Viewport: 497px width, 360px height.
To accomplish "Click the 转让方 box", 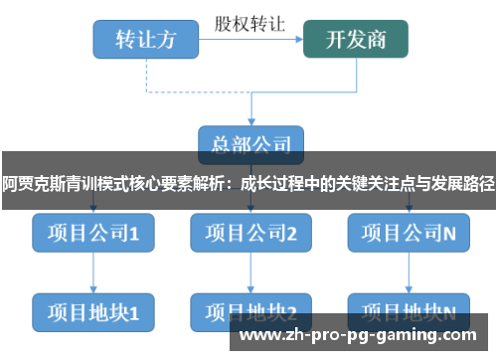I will pos(145,40).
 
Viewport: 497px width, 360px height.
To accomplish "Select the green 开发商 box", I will pos(356,40).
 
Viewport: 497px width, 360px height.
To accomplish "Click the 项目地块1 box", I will pos(92,311).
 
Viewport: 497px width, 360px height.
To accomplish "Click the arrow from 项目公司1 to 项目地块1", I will pos(92,271).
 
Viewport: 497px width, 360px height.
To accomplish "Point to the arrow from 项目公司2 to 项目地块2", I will pos(250,271).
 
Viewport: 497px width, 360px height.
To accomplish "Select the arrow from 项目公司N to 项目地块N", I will pos(409,271).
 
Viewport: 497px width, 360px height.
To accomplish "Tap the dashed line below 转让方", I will pos(145,75).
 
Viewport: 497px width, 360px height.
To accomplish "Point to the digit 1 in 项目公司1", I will pos(134,234).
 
